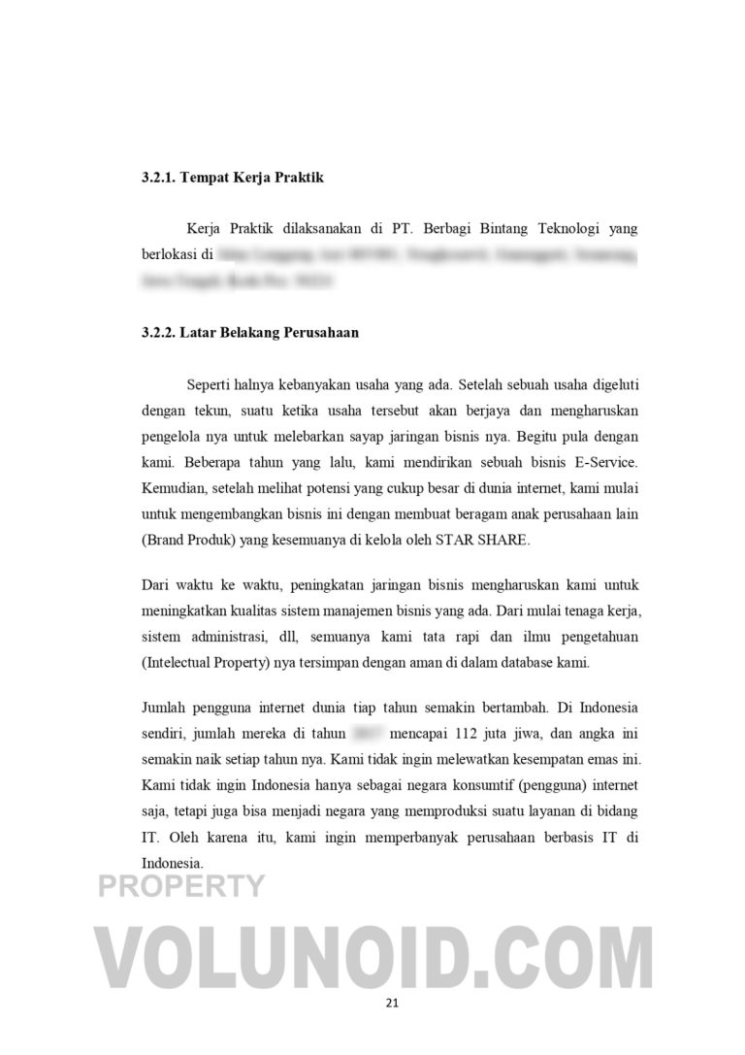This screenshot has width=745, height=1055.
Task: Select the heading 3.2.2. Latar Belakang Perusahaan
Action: [x=248, y=332]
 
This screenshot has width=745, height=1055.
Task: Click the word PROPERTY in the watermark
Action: [x=181, y=885]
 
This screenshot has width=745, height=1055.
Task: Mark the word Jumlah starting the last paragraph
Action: [x=164, y=710]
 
